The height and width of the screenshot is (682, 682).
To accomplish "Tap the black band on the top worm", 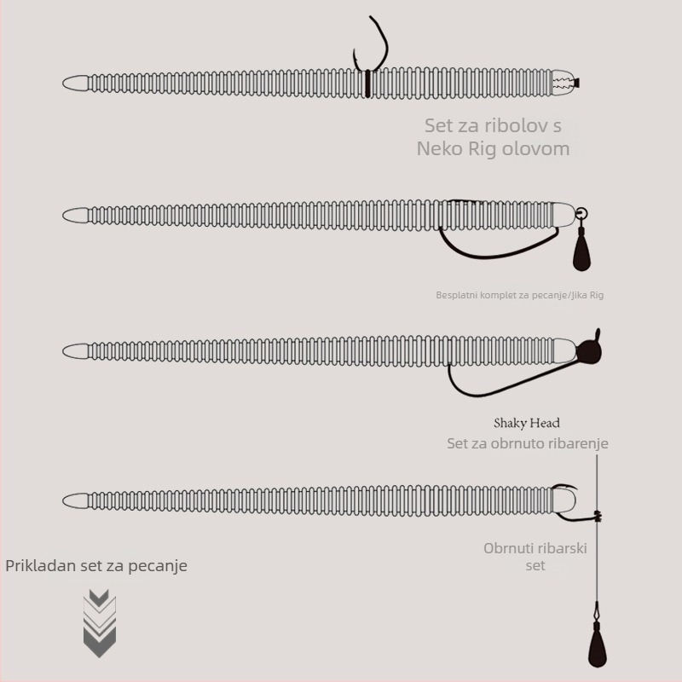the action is point(367,84).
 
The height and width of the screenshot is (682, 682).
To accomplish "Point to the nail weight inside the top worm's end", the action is point(566,83).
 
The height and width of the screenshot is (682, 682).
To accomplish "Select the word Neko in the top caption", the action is point(440,148).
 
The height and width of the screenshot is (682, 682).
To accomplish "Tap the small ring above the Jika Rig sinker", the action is point(581,214).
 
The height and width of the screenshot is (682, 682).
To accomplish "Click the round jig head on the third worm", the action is point(589,350).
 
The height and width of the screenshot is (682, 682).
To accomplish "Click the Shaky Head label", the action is point(527,423).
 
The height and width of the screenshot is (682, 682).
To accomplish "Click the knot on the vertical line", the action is point(598,517).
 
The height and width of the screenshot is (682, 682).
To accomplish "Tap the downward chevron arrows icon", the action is point(100,623).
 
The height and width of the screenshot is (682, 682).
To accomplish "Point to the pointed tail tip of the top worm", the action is point(63,83).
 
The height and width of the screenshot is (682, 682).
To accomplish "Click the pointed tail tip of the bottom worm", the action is point(63,500).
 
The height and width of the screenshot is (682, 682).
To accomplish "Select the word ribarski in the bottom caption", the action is point(564,548).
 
